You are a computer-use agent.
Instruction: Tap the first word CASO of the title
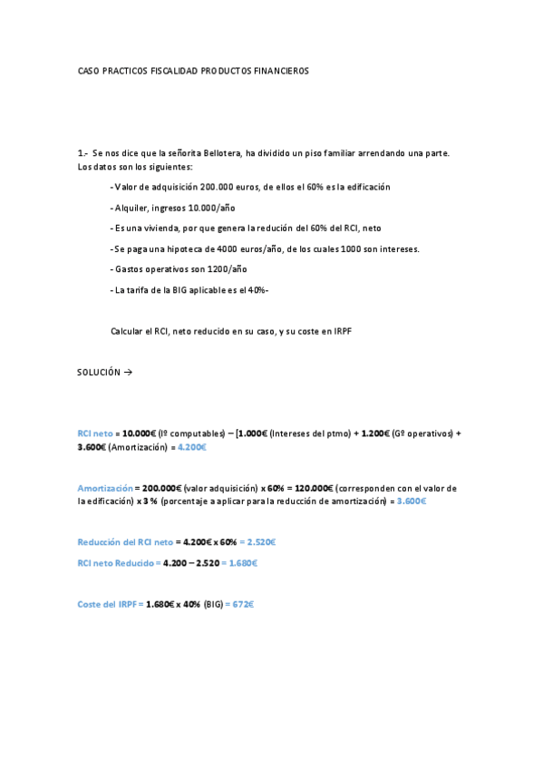[89, 70]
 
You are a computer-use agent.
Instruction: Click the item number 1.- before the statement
[82, 153]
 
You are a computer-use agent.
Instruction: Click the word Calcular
[126, 332]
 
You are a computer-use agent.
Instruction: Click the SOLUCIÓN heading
[98, 372]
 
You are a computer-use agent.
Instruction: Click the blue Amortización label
[104, 488]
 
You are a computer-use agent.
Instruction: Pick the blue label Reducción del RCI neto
[124, 542]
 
